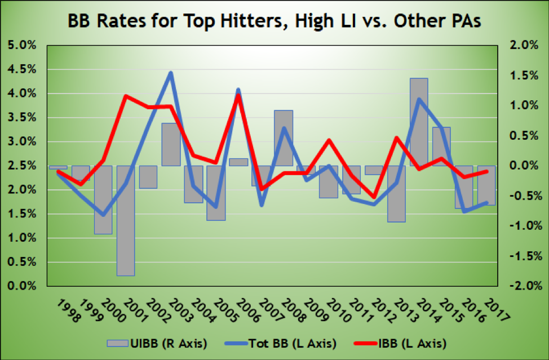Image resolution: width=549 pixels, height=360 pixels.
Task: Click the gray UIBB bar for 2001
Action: click(x=125, y=220)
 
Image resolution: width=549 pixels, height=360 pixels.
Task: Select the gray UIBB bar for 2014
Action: click(x=418, y=122)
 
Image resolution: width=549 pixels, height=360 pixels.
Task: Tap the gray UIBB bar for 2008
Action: click(x=283, y=138)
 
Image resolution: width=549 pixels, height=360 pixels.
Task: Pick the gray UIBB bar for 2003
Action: click(x=170, y=144)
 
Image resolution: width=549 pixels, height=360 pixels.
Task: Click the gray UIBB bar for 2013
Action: click(x=396, y=194)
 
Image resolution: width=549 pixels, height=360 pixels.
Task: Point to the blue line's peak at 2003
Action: click(x=170, y=73)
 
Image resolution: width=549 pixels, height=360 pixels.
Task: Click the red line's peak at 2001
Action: click(x=125, y=96)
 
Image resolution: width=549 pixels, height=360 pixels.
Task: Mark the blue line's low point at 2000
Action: click(x=103, y=215)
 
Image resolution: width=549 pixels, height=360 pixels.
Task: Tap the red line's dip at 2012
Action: click(x=373, y=198)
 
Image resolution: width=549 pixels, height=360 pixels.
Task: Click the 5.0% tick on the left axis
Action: click(x=21, y=46)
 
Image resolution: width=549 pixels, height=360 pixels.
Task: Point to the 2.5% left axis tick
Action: click(x=21, y=166)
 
